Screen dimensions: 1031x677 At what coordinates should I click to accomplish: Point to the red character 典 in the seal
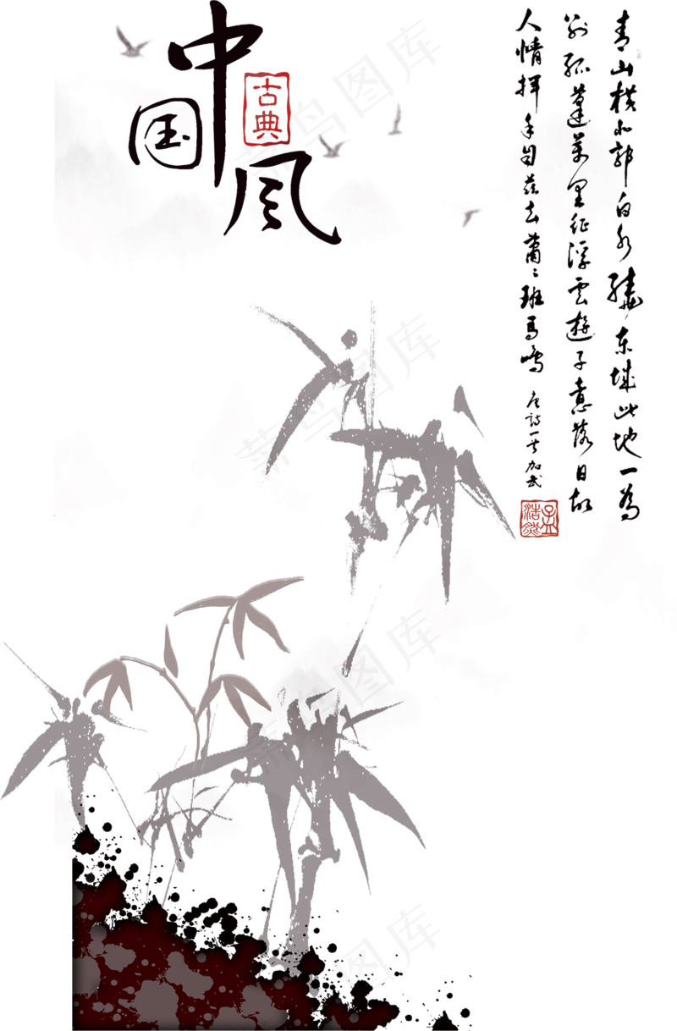[x=267, y=124]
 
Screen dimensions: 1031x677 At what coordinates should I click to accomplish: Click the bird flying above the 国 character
[x=132, y=42]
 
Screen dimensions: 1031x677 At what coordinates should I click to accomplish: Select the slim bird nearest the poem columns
[x=395, y=120]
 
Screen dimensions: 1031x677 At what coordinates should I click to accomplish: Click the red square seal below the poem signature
[x=540, y=518]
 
